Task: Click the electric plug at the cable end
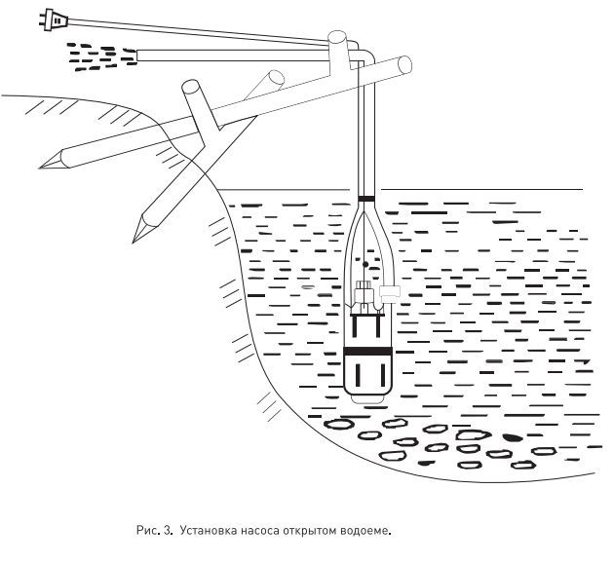54,19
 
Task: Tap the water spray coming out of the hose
101,57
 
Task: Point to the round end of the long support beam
404,64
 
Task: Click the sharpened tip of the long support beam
41,168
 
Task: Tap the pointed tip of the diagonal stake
134,241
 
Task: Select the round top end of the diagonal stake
190,87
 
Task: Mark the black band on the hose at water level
366,199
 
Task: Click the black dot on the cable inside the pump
365,265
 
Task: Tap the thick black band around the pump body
367,351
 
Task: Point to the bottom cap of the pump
367,399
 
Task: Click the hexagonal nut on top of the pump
363,284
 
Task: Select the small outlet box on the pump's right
390,291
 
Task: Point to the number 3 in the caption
167,531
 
